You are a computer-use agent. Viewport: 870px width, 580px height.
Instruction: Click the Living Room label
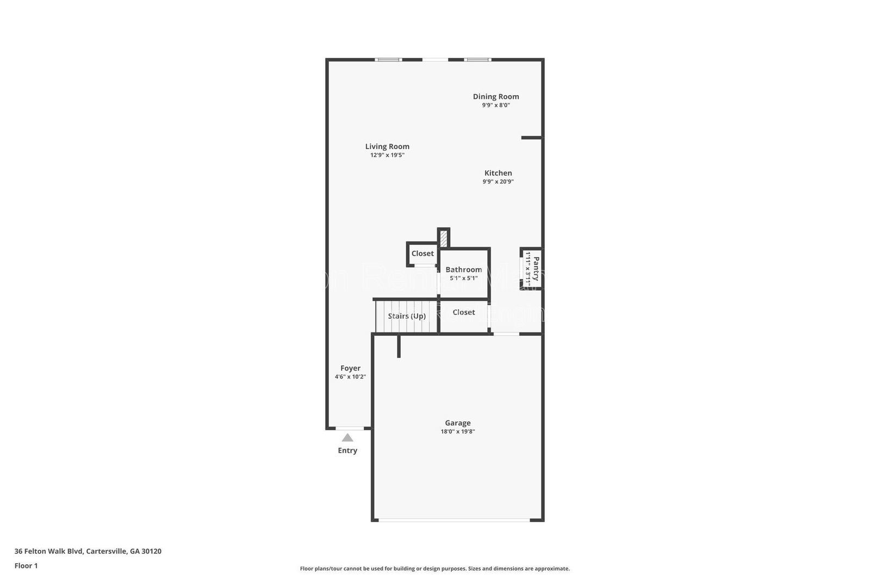[387, 146]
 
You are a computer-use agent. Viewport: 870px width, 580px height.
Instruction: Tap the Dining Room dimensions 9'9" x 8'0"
[496, 106]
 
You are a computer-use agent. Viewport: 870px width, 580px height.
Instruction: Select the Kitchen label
[498, 173]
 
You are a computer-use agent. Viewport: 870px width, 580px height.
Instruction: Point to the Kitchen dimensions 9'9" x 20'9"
[498, 182]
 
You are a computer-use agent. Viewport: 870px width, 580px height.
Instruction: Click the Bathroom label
[463, 269]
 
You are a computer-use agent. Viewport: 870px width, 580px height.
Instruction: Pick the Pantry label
[536, 269]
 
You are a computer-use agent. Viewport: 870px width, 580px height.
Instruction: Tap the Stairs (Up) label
[407, 316]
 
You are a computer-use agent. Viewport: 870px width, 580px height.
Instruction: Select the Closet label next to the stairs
[463, 312]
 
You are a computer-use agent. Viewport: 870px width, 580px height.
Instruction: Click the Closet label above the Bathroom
[422, 254]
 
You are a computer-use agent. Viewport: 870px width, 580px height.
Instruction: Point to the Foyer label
[350, 368]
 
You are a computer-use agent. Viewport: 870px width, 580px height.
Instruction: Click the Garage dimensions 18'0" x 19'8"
[458, 432]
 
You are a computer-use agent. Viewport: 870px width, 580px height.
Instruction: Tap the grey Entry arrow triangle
[347, 438]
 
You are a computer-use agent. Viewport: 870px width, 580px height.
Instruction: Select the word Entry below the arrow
[347, 451]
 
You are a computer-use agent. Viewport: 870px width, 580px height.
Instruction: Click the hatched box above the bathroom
[444, 238]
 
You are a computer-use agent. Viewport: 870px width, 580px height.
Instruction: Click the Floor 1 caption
[26, 566]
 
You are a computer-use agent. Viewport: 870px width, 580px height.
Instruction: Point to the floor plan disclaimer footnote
[435, 569]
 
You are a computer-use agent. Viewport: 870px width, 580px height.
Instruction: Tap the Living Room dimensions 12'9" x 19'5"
[387, 155]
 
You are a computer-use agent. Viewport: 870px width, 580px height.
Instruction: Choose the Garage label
[458, 423]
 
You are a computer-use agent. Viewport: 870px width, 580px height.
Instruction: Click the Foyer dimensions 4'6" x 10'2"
[350, 377]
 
